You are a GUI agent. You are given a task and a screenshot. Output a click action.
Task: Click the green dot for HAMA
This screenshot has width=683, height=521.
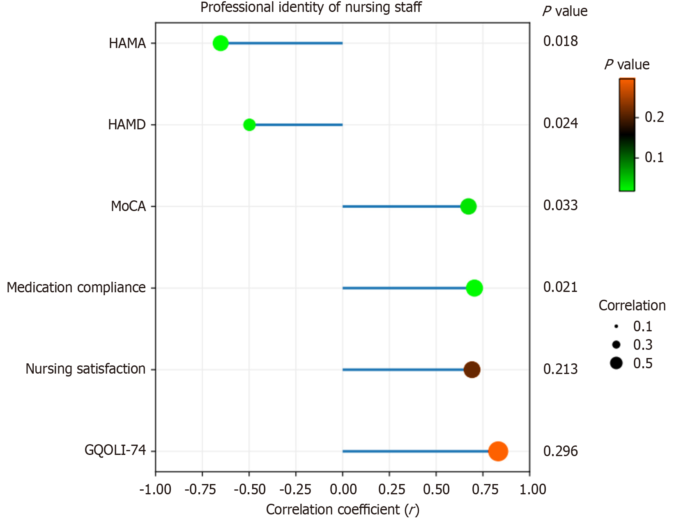(221, 43)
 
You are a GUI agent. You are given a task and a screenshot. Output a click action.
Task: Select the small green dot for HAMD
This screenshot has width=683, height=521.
(249, 124)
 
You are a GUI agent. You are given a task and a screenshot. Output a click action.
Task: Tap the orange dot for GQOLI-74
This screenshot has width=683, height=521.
(498, 451)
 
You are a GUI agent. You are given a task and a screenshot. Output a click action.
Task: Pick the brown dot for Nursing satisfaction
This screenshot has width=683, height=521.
(472, 370)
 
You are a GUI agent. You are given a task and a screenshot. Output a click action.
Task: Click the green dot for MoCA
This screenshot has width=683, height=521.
(468, 206)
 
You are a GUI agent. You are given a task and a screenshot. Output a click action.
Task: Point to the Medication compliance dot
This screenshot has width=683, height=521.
(474, 288)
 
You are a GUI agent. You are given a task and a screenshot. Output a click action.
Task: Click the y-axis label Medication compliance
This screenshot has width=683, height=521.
(76, 287)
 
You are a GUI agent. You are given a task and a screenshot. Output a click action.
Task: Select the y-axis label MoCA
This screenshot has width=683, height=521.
(128, 206)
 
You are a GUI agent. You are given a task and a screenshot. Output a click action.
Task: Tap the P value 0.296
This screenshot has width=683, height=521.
(560, 451)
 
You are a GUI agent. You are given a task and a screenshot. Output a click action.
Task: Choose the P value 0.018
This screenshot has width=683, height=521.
(560, 41)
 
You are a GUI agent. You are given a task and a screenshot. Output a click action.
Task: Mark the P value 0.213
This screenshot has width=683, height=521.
(560, 369)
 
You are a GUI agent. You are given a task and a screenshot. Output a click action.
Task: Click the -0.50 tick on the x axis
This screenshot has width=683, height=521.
(250, 489)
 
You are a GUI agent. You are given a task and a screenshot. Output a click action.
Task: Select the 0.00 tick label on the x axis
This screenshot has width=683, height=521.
(343, 489)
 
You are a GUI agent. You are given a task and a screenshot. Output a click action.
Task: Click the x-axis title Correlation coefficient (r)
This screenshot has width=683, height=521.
(343, 510)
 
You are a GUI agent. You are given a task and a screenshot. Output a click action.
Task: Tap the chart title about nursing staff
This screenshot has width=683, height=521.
(311, 7)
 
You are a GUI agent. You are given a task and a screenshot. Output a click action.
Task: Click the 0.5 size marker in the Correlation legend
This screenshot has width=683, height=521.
(616, 363)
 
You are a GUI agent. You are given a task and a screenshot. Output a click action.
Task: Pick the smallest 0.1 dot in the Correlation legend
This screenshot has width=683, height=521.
(616, 326)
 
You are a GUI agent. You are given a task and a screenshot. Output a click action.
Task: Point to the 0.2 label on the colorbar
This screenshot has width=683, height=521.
(654, 117)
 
